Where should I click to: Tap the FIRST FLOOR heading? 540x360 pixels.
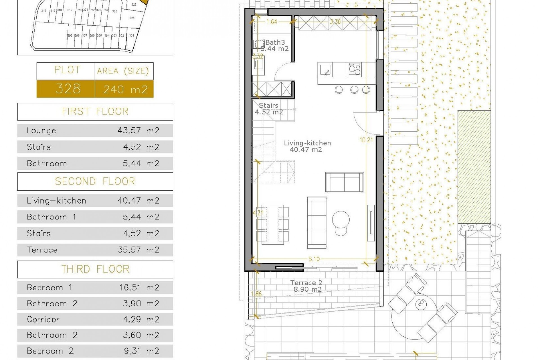(x=95, y=112)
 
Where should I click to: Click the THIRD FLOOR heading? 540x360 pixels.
(x=95, y=269)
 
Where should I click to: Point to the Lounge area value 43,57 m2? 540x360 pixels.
(x=138, y=130)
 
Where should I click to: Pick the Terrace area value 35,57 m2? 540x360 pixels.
(x=138, y=250)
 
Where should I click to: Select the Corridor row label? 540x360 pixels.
(x=43, y=319)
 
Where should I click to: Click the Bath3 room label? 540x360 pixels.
(x=275, y=43)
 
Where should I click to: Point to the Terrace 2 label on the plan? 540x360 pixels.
(x=306, y=283)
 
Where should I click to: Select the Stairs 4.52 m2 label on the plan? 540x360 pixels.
(x=269, y=109)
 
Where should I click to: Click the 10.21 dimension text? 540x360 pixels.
(x=366, y=140)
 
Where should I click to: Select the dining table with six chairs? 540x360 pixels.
(x=273, y=224)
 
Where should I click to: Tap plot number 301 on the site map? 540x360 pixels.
(x=132, y=36)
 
